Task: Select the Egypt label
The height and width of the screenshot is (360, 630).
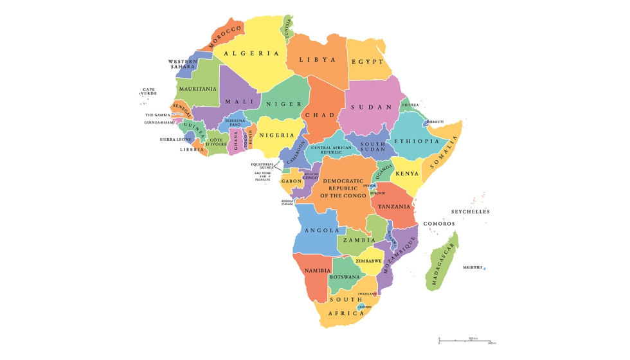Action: [367, 62]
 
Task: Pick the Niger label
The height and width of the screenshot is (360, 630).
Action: [280, 104]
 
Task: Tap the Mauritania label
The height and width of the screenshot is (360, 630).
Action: [198, 89]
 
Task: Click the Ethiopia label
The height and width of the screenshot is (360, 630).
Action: [417, 141]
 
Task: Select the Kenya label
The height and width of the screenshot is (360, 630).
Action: [406, 174]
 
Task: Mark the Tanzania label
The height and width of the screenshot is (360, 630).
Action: [394, 207]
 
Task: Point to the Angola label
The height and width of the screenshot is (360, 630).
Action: [321, 230]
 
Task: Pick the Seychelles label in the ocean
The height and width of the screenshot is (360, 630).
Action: [470, 212]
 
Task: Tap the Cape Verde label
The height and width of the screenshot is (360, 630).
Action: [148, 92]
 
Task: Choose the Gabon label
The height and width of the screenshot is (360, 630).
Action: [291, 182]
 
